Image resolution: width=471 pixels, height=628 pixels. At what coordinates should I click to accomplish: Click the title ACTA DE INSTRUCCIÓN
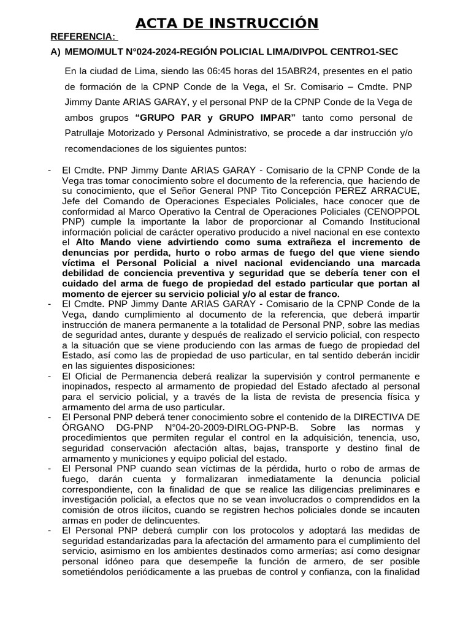[x=227, y=23]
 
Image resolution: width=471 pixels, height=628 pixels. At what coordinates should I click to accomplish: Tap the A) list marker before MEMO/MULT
[x=56, y=53]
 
